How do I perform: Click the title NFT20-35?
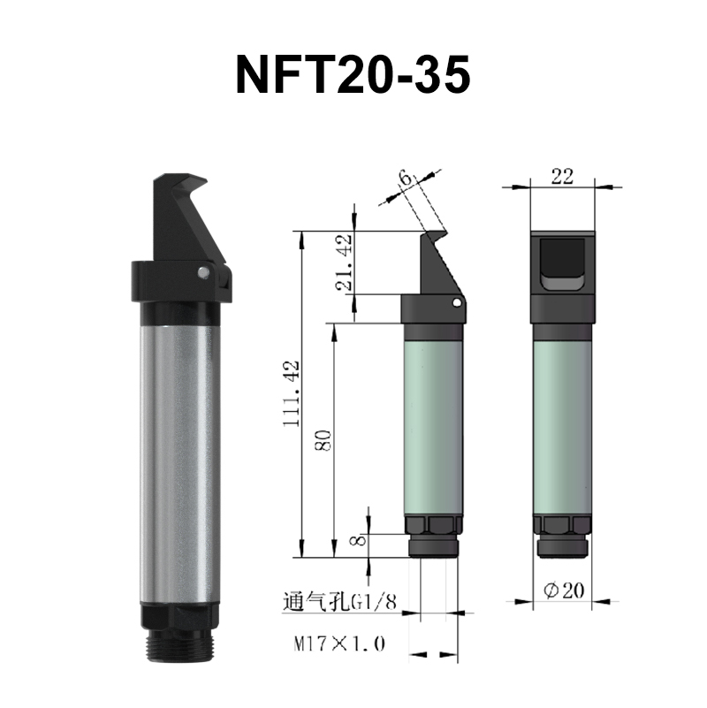[x=353, y=76]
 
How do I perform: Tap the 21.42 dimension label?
[x=347, y=263]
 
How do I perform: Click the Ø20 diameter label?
[x=563, y=590]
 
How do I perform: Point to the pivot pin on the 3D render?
[x=203, y=272]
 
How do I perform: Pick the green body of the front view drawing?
[x=562, y=424]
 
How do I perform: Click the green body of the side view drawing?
[x=433, y=424]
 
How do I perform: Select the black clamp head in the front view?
[x=562, y=274]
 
